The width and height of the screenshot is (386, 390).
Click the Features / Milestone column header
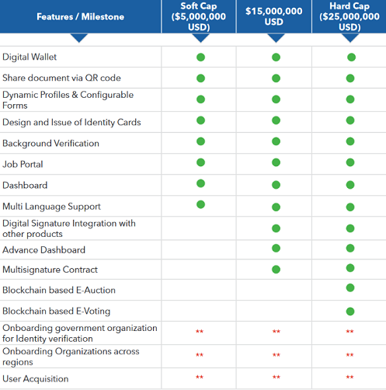coord(80,17)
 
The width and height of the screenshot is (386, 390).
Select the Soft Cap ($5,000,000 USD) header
coord(199,16)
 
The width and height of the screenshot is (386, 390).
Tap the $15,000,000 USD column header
coord(274,16)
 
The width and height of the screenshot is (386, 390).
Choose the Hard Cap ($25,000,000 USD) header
coord(349,16)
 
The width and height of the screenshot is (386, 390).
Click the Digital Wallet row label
coord(30,57)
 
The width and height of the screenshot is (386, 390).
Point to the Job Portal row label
coord(23,164)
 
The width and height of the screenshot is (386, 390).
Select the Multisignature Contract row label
coord(50,270)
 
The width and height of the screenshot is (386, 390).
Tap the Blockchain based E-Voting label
coord(57,311)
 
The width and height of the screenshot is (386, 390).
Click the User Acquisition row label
coord(36,379)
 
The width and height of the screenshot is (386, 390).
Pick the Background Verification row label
coord(50,143)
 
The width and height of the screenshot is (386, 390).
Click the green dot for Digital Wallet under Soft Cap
coord(200,57)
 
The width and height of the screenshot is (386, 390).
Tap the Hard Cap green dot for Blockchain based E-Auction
coord(350,287)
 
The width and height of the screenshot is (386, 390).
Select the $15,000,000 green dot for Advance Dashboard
coord(276,248)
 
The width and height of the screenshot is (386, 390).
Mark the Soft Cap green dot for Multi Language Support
coord(200,204)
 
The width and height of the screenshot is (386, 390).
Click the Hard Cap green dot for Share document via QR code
coord(350,78)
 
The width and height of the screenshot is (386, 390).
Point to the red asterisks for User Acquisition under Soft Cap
coord(200,377)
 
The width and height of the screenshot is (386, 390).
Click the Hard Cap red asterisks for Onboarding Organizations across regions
coord(349,354)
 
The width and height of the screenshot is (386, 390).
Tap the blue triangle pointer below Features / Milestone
coord(79,38)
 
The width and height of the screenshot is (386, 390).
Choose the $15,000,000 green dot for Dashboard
coord(276,185)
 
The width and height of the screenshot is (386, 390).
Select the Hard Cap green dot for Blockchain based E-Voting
coord(350,312)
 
